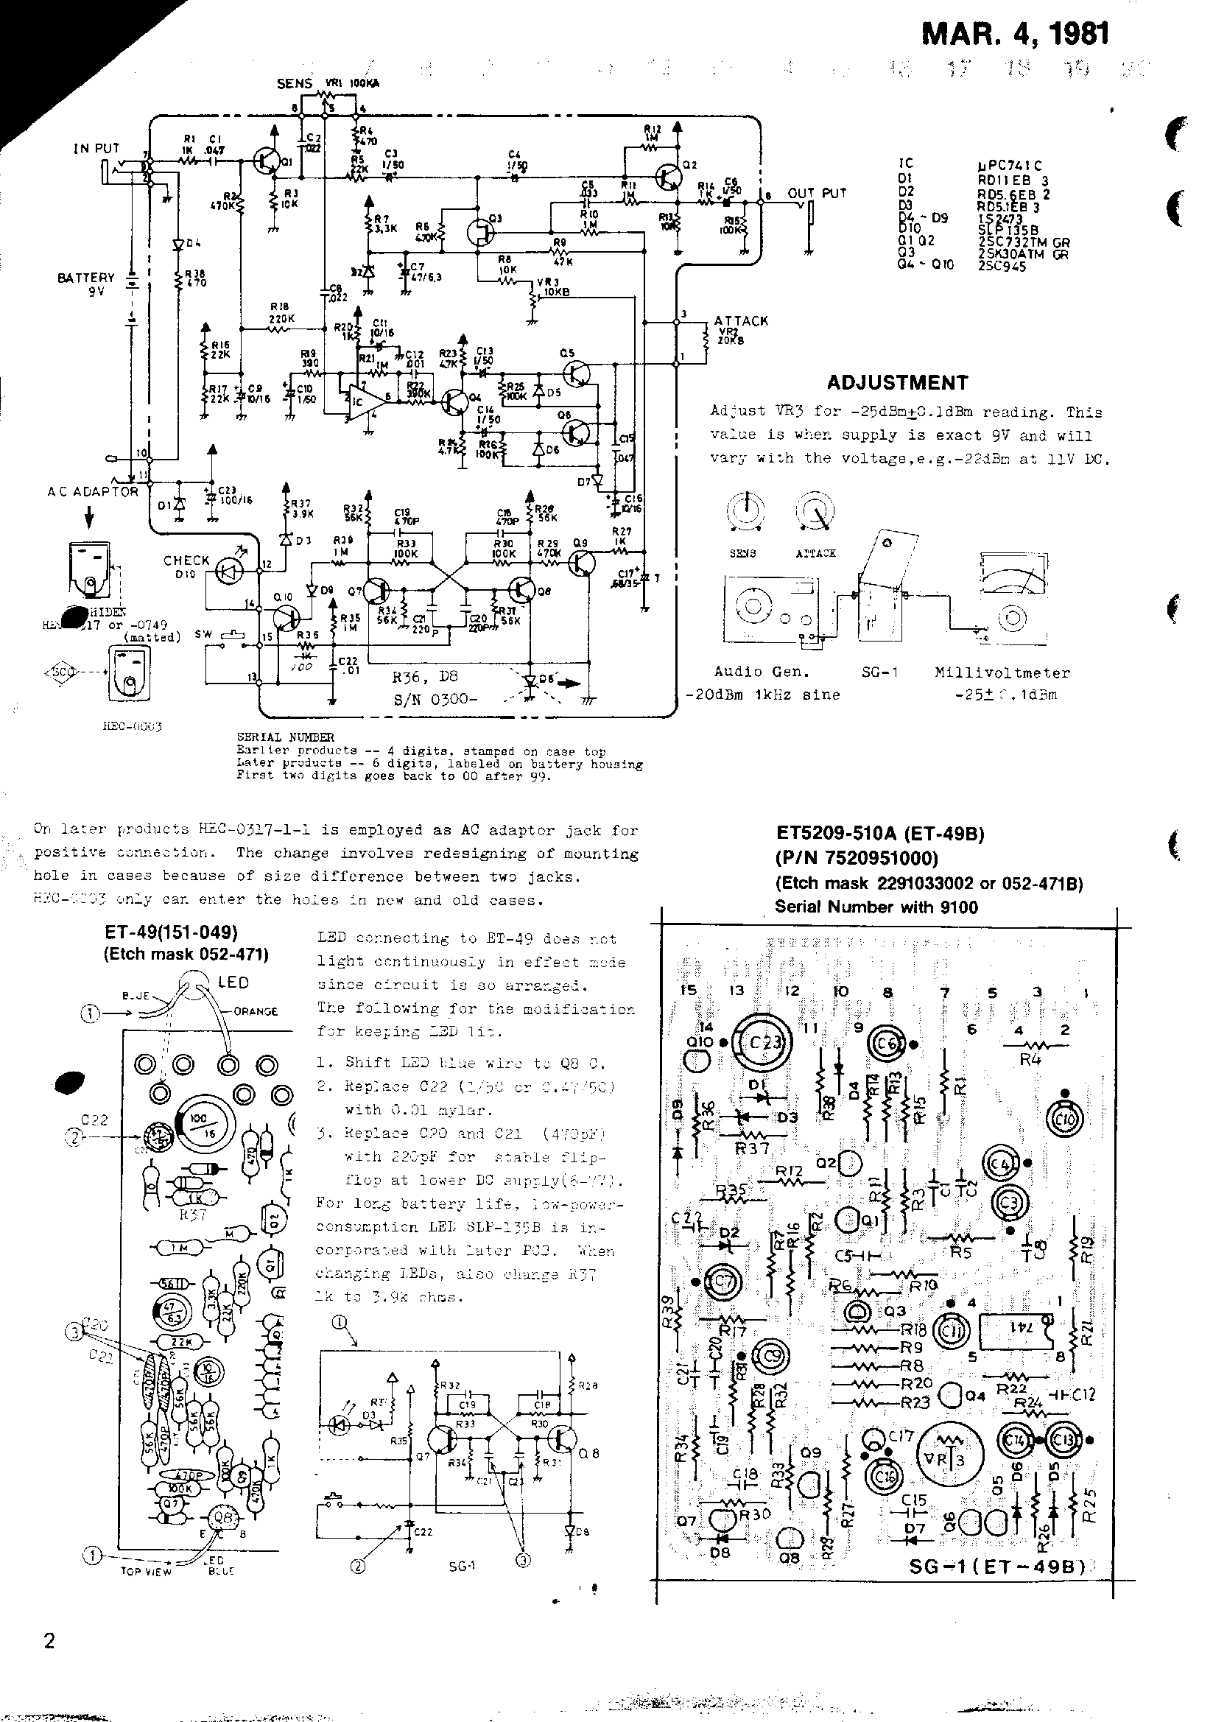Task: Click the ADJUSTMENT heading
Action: (897, 382)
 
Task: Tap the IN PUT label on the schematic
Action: (96, 148)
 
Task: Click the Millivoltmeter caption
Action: (1002, 672)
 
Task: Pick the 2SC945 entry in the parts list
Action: (1002, 266)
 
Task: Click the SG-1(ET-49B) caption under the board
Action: (996, 1568)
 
